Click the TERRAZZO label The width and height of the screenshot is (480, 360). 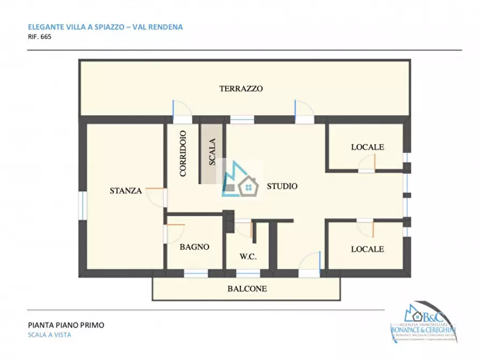241,89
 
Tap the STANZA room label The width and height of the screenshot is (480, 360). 125,190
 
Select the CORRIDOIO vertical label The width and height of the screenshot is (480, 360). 183,154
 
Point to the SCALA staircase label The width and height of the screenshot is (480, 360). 212,152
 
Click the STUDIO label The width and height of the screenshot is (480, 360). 282,186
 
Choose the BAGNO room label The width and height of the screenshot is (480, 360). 194,247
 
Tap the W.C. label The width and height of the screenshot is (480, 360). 248,257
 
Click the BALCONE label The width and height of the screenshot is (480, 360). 247,289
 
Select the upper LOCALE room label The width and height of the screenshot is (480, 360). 367,147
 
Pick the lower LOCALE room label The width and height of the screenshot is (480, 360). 367,249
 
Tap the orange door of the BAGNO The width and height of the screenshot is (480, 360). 176,225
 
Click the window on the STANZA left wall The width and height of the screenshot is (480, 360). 83,206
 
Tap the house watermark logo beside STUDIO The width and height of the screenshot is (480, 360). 240,180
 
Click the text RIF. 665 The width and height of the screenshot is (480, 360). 39,38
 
